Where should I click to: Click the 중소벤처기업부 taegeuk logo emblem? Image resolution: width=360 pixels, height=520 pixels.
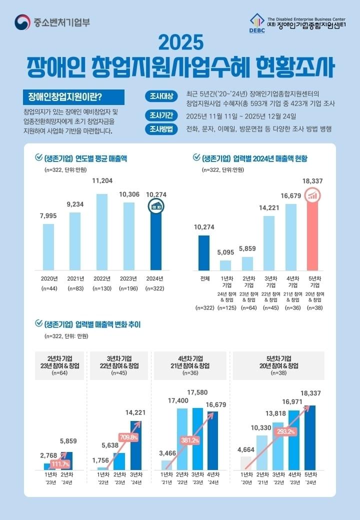(x=22, y=22)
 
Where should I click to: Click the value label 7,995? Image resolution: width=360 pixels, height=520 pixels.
(x=48, y=215)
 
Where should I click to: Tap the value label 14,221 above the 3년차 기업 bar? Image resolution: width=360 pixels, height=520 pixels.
(x=269, y=208)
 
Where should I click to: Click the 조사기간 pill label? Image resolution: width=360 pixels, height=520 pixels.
(x=161, y=116)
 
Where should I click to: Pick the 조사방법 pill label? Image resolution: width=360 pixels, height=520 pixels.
(x=161, y=129)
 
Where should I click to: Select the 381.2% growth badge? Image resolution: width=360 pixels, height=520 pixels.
(x=190, y=440)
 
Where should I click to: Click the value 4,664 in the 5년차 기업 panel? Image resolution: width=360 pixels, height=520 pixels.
(x=246, y=449)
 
